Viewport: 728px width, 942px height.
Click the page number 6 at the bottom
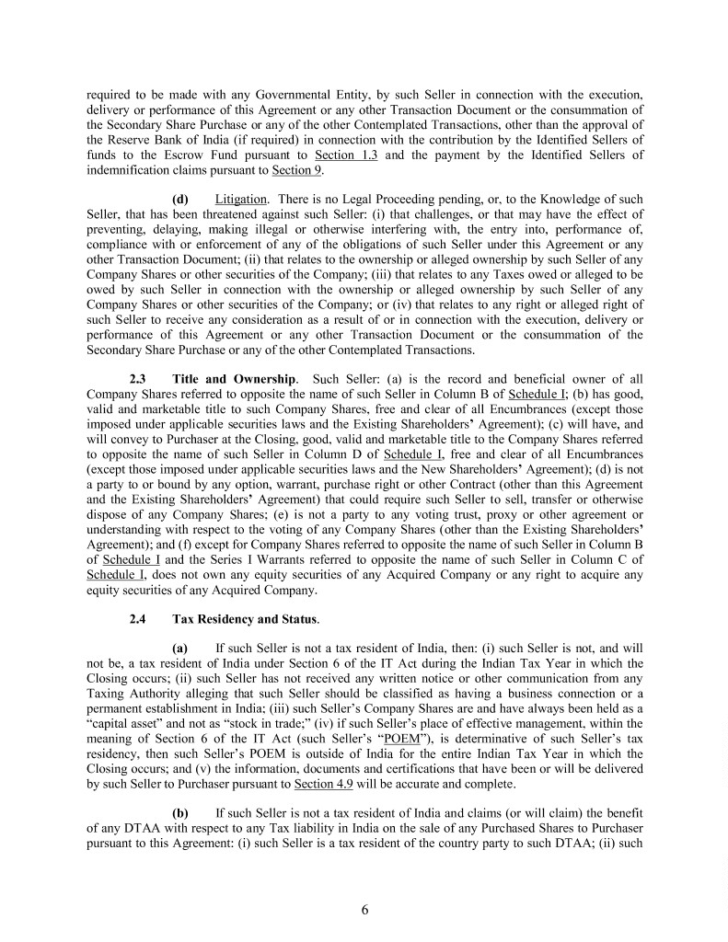[364, 911]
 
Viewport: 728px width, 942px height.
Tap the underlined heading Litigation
[240, 200]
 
